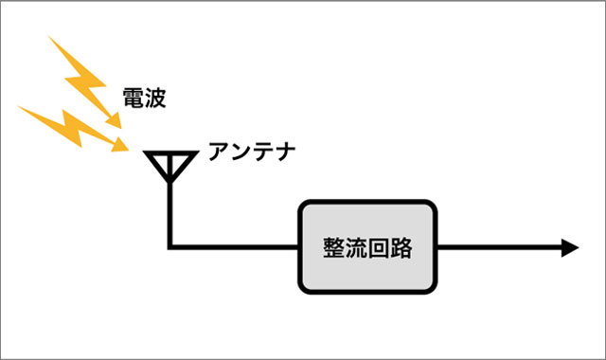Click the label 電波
tap(145, 97)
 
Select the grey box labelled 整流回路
tap(367, 247)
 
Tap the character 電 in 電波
tap(134, 97)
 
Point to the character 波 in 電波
tap(155, 97)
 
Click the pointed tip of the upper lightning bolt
tap(119, 124)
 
